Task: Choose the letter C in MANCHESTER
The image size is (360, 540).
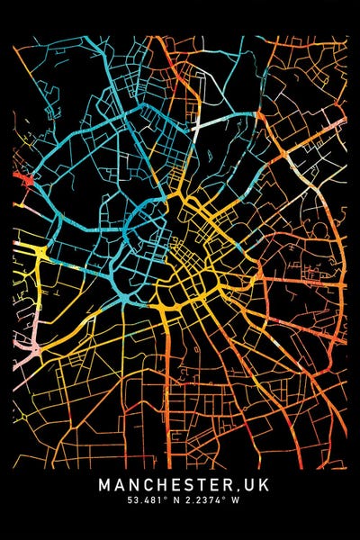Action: pos(143,484)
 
